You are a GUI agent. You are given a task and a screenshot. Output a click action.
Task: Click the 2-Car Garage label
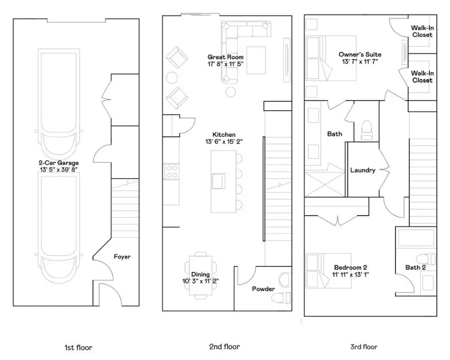click(58, 162)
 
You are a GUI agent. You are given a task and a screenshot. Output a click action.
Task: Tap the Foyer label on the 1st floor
click(122, 256)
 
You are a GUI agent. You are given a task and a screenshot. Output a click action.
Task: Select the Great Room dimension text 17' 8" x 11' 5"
click(225, 64)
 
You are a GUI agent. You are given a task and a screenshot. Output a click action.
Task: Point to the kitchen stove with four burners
click(172, 171)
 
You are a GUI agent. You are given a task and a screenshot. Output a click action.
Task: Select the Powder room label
click(263, 289)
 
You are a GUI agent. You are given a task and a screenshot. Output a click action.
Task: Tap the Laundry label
click(362, 170)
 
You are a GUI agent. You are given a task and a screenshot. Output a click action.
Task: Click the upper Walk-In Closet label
click(422, 31)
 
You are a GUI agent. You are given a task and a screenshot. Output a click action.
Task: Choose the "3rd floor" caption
click(364, 346)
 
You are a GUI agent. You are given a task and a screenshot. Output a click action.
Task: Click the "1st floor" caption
click(78, 347)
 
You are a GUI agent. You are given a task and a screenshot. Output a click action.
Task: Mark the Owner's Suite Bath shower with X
click(324, 182)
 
